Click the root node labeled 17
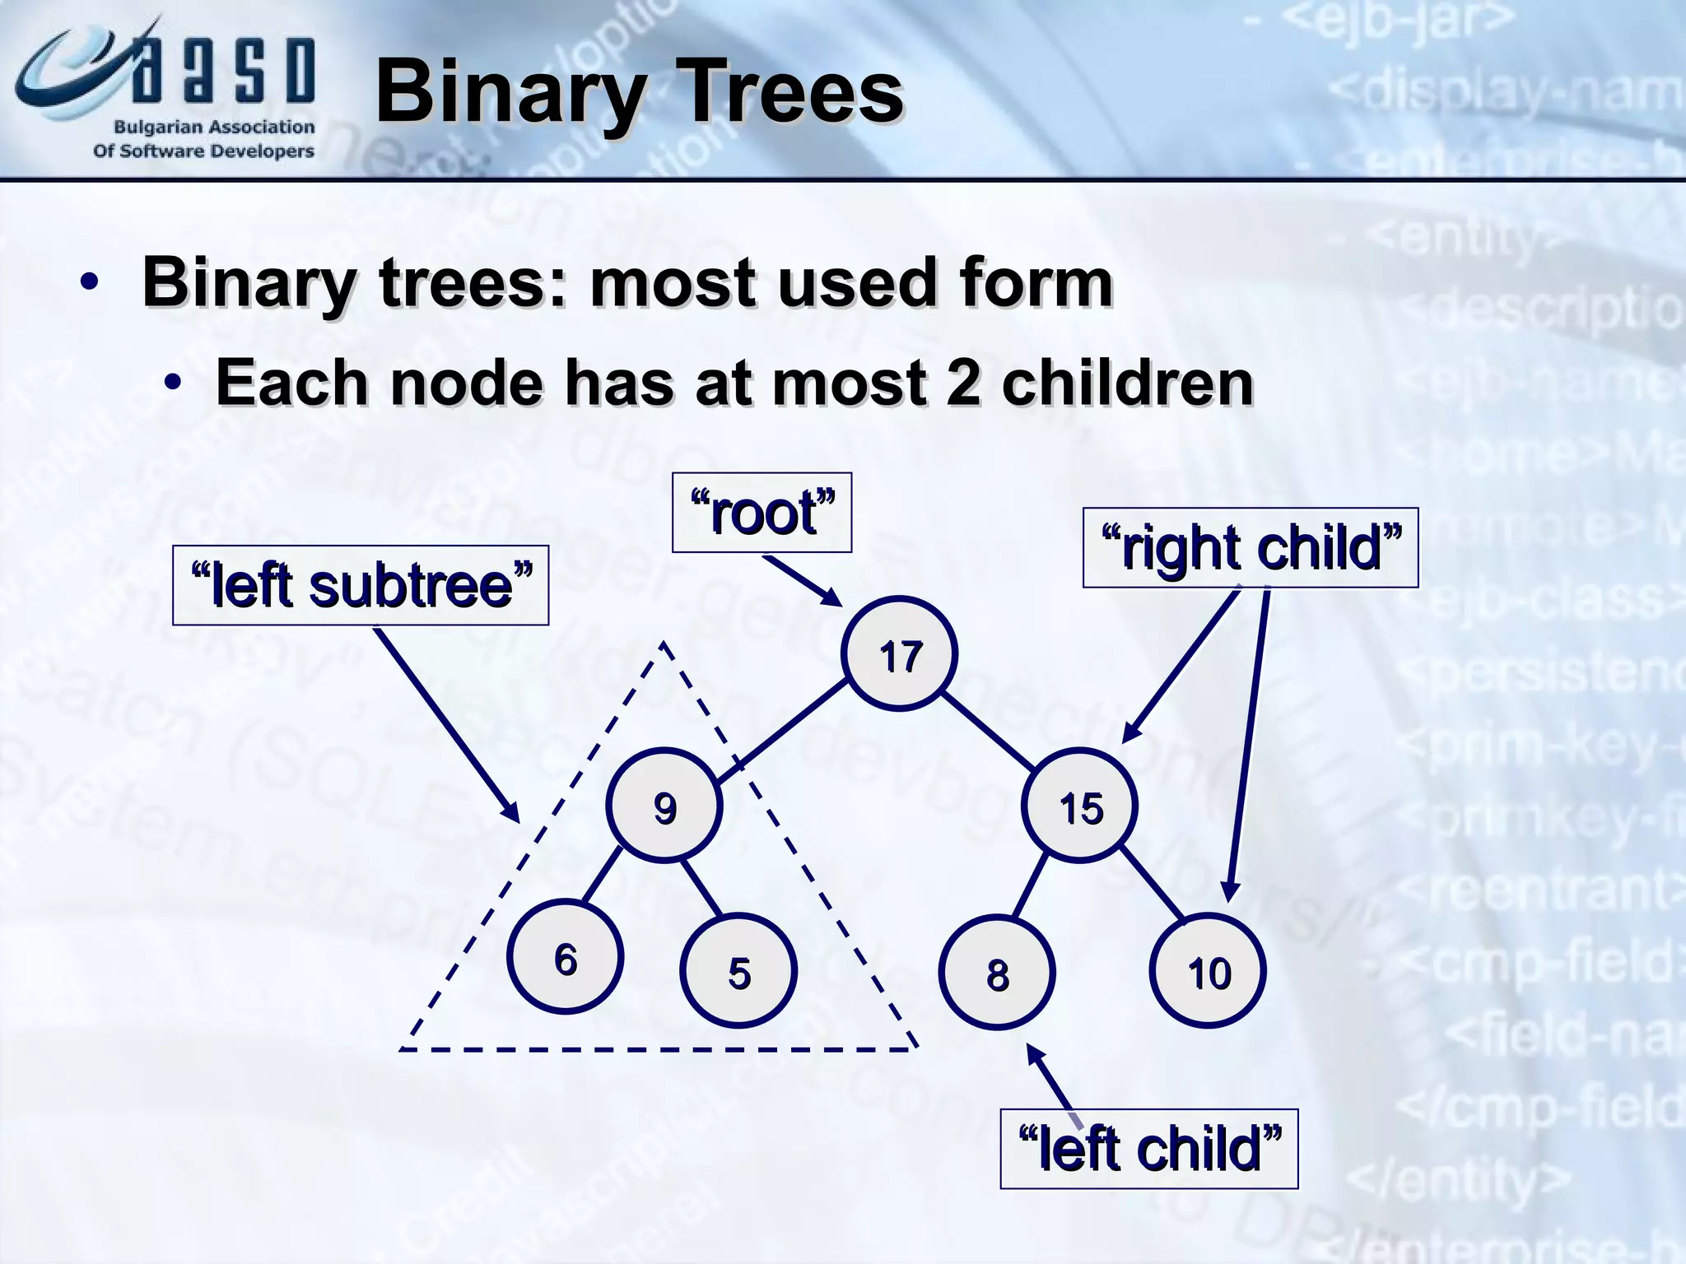click(x=899, y=653)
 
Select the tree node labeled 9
click(x=664, y=806)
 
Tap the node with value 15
click(x=1079, y=806)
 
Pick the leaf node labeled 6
click(x=565, y=957)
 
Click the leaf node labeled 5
click(x=738, y=971)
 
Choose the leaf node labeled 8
click(x=997, y=973)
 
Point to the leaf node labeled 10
click(x=1208, y=971)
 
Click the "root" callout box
click(x=761, y=513)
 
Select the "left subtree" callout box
click(x=361, y=585)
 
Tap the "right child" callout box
click(x=1250, y=548)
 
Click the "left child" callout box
click(x=1148, y=1149)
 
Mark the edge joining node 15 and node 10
click(x=1153, y=885)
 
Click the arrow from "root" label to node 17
click(x=799, y=581)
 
